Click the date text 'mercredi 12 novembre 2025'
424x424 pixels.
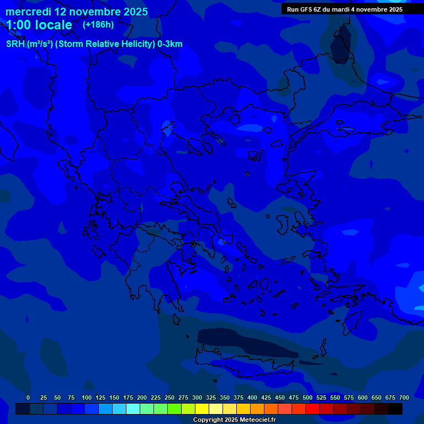(77, 12)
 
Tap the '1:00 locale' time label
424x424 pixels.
(39, 25)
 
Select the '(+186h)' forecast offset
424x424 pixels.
(98, 25)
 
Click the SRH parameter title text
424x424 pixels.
(94, 44)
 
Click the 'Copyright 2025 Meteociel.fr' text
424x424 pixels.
(234, 420)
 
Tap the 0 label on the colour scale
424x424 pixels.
(28, 397)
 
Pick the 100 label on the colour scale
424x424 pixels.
(87, 397)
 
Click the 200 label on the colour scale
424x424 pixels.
(142, 397)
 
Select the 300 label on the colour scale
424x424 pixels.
(197, 397)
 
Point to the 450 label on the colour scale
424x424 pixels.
(280, 397)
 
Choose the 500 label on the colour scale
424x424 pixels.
(308, 397)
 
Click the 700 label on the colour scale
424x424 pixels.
(404, 397)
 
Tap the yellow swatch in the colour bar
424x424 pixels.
(202, 409)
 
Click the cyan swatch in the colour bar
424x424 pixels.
(133, 409)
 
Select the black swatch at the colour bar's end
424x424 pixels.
(395, 409)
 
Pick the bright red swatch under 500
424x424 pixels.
(312, 409)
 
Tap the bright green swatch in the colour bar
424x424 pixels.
(174, 409)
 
